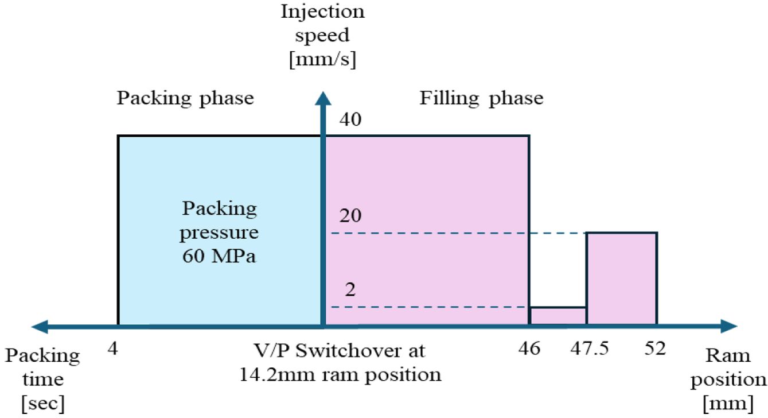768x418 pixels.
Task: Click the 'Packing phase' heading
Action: (x=185, y=98)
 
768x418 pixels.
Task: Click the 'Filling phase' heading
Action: (x=481, y=98)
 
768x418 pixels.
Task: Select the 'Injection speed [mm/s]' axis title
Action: (x=322, y=36)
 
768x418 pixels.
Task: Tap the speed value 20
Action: (x=352, y=217)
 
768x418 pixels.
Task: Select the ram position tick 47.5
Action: (x=587, y=349)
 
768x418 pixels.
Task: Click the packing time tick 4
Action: (x=112, y=349)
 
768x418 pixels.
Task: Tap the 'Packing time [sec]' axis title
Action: (x=42, y=380)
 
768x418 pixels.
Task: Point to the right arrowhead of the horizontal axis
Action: (x=729, y=327)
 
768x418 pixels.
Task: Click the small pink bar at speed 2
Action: (x=558, y=316)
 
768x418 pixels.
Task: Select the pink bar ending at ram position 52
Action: (x=621, y=278)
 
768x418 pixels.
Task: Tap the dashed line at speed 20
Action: (x=459, y=233)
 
